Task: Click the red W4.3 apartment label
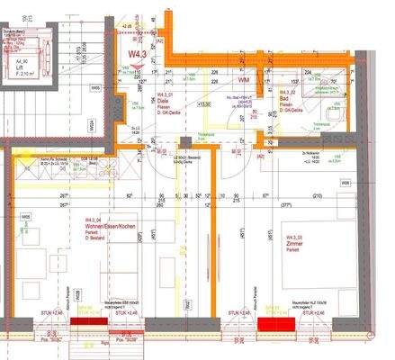click(x=138, y=55)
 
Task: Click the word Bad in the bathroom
click(x=283, y=98)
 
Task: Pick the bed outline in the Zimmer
click(x=270, y=261)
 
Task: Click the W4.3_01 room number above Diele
click(x=166, y=94)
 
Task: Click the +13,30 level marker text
click(x=203, y=103)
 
